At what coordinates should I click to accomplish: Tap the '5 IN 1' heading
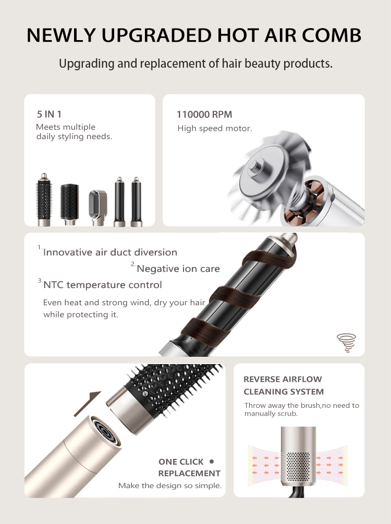tap(49, 114)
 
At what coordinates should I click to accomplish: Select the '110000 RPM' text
tap(204, 115)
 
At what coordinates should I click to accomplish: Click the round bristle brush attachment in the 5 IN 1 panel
tap(44, 200)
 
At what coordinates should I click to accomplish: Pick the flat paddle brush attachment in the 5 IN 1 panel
tap(69, 204)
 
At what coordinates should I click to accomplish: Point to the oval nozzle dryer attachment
tap(97, 207)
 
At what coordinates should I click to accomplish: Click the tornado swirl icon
tap(346, 343)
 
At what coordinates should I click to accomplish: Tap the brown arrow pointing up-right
tap(87, 404)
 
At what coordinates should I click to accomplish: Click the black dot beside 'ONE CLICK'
tap(211, 461)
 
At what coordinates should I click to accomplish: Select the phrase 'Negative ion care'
tap(178, 269)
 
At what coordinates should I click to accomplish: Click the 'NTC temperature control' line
tap(102, 285)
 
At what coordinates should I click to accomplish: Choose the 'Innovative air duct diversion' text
tap(110, 252)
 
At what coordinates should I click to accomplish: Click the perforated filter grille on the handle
tap(298, 467)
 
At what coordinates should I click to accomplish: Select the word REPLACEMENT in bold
tap(189, 473)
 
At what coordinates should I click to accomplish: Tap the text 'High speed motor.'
tap(215, 128)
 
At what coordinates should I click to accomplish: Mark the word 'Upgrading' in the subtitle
tap(87, 64)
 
